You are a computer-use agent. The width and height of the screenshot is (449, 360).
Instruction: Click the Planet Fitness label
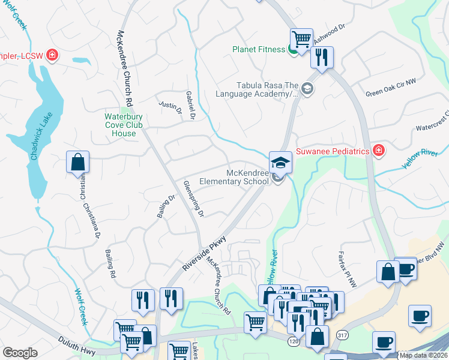(x=259, y=49)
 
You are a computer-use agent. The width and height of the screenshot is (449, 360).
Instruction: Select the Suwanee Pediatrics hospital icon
(x=378, y=150)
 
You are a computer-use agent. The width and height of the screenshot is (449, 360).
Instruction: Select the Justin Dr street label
(x=170, y=107)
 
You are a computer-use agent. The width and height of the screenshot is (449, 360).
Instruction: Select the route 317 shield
(x=342, y=334)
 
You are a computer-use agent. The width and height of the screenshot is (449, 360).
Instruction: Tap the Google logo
(x=20, y=353)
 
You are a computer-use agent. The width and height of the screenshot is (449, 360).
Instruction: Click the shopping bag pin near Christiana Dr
(x=77, y=162)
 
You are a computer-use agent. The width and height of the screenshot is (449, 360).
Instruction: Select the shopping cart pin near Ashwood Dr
(x=301, y=39)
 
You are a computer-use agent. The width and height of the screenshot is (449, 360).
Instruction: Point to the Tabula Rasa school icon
(x=307, y=89)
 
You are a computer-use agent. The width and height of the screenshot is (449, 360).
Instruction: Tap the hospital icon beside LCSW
(x=52, y=56)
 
